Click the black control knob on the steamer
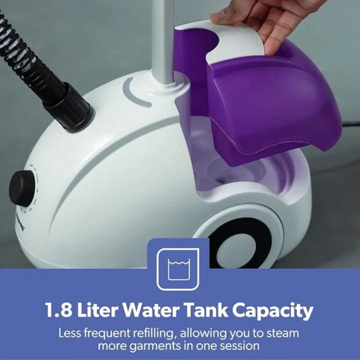pyautogui.click(x=21, y=188)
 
